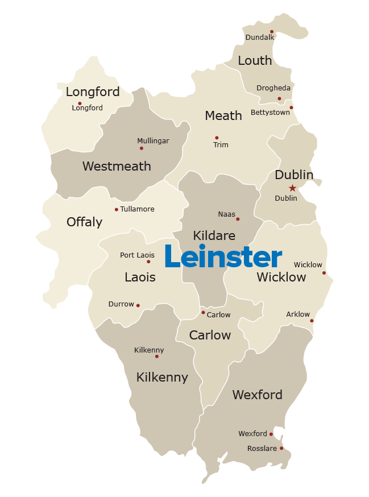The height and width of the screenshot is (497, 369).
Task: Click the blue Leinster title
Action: click(223, 257)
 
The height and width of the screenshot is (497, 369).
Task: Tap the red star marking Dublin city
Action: click(292, 188)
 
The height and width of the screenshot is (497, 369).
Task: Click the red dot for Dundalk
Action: click(272, 32)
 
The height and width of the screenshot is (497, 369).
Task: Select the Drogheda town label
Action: click(273, 88)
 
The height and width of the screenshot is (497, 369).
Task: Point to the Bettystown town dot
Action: click(291, 107)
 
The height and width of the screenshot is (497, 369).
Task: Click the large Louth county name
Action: click(255, 61)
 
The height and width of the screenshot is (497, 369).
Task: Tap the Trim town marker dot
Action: click(217, 138)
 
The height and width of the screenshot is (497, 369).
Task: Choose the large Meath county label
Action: click(223, 115)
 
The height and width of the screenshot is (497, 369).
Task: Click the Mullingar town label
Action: click(153, 141)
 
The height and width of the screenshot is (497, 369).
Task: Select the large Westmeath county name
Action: click(117, 166)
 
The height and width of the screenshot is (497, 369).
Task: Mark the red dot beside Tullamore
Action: click(117, 209)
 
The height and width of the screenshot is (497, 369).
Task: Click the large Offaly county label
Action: click(84, 222)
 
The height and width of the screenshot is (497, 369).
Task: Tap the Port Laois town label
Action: click(137, 255)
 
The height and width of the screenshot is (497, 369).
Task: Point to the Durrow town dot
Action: click(138, 305)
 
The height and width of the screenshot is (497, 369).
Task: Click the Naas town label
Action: click(226, 214)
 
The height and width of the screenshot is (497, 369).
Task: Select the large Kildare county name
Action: click(214, 235)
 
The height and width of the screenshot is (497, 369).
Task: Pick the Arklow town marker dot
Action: click(312, 321)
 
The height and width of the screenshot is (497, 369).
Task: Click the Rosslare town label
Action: click(262, 449)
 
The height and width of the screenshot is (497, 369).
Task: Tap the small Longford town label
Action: click(87, 108)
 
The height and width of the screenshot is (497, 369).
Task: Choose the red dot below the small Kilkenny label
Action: click(157, 357)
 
